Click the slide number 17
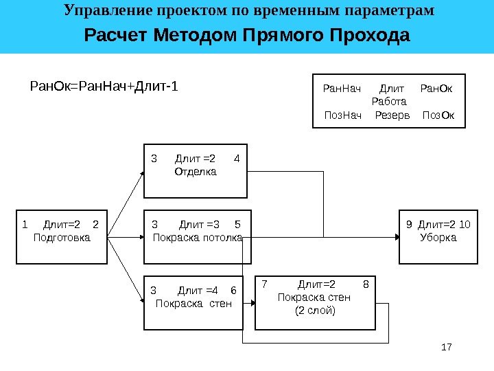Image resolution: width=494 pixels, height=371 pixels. (x=447, y=348)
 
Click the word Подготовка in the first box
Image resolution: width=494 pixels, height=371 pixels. (x=61, y=238)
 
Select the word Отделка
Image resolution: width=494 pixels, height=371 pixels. (x=196, y=172)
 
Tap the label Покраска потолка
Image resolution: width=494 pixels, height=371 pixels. (x=198, y=238)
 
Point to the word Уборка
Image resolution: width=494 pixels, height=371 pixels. (x=438, y=238)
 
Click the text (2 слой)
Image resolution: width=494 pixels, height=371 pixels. (x=314, y=311)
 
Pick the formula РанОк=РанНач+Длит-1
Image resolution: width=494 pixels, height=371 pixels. (x=103, y=87)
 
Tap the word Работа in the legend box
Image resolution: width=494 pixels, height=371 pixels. (x=389, y=102)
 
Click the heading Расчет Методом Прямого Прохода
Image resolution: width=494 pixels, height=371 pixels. (x=246, y=35)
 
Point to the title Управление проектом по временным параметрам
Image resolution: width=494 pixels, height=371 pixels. (x=248, y=11)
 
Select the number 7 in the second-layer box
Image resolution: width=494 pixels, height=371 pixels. (x=264, y=284)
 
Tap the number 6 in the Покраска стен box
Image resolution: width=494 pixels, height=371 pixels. (x=233, y=289)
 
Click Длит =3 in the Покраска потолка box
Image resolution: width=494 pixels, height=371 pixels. (x=198, y=224)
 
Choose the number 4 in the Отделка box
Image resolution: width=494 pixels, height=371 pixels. (x=237, y=159)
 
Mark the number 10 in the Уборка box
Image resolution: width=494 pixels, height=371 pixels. (x=464, y=224)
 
